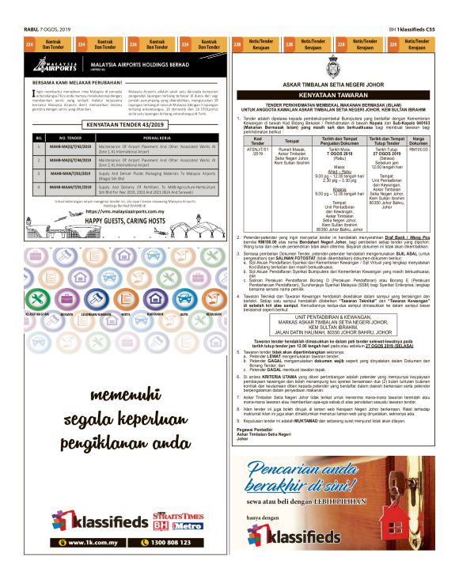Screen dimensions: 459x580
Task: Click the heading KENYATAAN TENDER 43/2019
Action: pyautogui.click(x=124, y=125)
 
